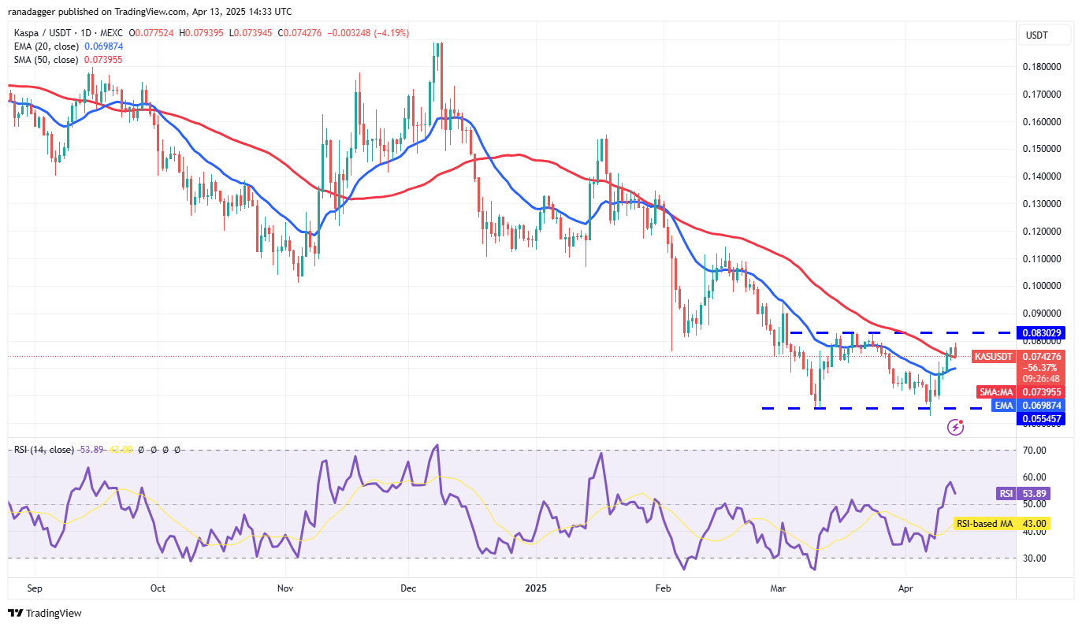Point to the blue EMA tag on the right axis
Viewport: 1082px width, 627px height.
pos(1002,405)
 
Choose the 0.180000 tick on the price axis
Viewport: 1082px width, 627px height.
pos(1041,67)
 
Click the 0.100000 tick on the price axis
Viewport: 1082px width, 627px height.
pos(1041,286)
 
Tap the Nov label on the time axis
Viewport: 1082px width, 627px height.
pos(285,588)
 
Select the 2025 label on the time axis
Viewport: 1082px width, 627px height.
pos(535,588)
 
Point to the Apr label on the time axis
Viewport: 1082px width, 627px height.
pos(905,588)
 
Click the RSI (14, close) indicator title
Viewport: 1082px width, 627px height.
pos(43,450)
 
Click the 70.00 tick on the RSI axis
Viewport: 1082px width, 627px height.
pos(1041,451)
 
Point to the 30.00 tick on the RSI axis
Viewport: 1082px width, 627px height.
pos(1041,558)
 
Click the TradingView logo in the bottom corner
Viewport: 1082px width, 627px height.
pos(45,613)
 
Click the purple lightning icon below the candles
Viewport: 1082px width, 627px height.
pos(956,427)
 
